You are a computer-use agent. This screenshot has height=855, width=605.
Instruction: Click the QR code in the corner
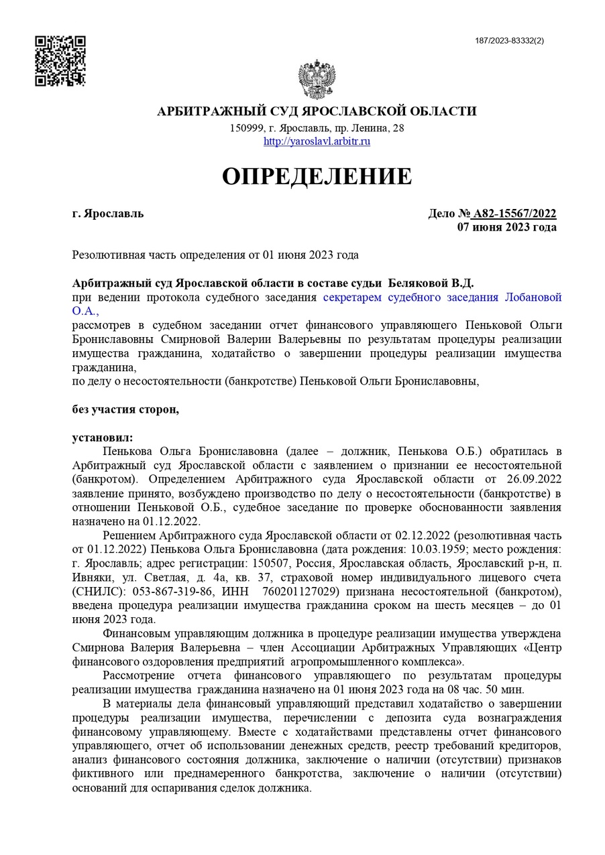click(60, 60)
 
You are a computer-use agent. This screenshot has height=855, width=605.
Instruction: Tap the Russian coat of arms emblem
click(317, 80)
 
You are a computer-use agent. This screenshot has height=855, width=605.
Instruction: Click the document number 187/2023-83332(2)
click(509, 41)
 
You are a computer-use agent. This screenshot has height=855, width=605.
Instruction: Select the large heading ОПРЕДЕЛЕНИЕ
click(317, 176)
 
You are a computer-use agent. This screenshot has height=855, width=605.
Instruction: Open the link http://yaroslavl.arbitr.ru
click(317, 141)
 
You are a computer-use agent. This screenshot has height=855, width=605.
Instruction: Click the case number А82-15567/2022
click(514, 214)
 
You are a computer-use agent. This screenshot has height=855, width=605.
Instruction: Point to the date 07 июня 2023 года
click(506, 227)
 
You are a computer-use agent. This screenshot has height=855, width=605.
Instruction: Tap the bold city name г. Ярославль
click(107, 214)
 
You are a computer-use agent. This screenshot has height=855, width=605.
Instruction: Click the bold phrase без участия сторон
click(125, 409)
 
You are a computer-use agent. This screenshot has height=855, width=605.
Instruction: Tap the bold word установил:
click(103, 438)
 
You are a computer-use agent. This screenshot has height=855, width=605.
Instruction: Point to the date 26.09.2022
click(533, 480)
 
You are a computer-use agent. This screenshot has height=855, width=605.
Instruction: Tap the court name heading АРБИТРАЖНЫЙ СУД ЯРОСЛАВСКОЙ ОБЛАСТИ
click(317, 111)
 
